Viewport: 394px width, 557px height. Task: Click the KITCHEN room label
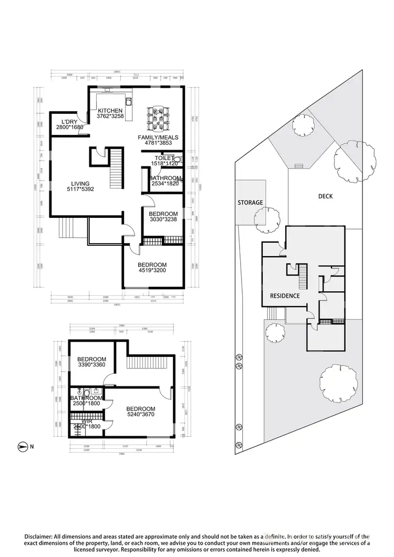pos(110,111)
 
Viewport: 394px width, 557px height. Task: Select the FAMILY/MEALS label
pos(158,138)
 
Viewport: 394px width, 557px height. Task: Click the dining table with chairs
pos(159,119)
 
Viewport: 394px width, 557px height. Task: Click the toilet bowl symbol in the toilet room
pos(177,159)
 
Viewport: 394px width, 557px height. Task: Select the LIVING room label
pos(80,184)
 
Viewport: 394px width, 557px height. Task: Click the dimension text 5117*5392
pos(80,190)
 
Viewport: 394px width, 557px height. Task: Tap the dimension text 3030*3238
pos(163,220)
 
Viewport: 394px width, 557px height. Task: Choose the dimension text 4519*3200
pos(152,270)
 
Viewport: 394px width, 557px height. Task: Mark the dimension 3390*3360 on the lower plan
pos(92,365)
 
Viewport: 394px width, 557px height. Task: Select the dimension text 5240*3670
pos(141,415)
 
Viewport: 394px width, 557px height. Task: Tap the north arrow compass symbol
pos(22,447)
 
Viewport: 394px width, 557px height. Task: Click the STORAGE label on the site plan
pos(250,202)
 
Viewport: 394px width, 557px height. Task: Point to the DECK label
pos(325,196)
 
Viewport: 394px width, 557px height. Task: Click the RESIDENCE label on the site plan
pos(285,296)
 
